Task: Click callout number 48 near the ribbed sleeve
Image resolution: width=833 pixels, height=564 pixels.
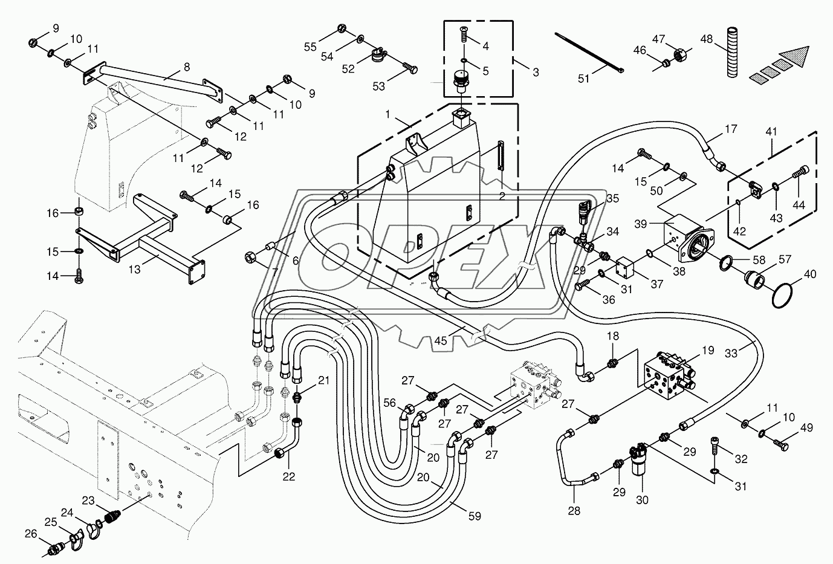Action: coord(707,39)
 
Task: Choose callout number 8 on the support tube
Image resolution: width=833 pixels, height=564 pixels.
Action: coord(186,67)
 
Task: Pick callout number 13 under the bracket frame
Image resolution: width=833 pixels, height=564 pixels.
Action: coord(135,270)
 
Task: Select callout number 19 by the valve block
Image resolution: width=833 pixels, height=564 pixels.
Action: coord(708,351)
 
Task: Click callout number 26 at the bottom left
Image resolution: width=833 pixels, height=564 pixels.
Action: coord(31,534)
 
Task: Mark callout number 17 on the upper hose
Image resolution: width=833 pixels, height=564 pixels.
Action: coord(731,129)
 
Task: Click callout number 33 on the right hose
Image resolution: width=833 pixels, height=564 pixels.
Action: coord(731,354)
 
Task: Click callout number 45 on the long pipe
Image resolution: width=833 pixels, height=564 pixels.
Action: coord(441,341)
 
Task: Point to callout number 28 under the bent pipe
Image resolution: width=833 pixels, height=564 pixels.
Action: coord(574,511)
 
